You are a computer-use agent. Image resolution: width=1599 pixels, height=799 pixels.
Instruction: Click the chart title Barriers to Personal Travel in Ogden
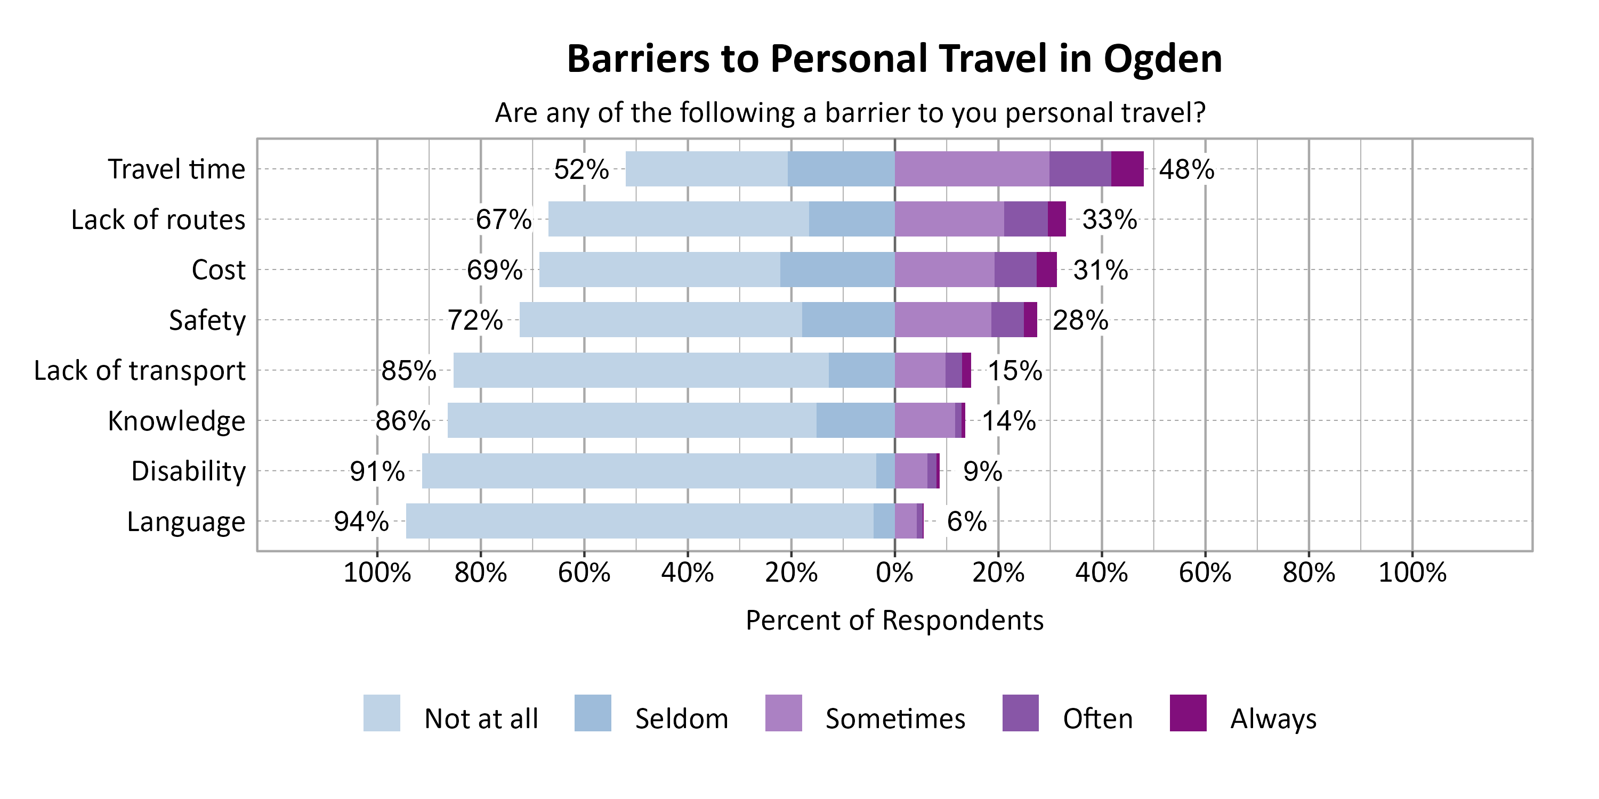coord(894,59)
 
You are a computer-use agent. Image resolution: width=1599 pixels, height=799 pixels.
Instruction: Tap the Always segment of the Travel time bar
coord(1127,169)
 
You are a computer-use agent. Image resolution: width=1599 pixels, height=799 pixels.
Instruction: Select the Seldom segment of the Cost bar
coord(837,270)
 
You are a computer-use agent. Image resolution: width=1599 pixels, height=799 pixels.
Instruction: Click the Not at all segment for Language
coord(640,521)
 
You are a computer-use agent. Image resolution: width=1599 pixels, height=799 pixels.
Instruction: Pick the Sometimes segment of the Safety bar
coord(942,320)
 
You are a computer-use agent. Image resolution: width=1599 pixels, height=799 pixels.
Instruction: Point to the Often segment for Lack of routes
coord(1025,219)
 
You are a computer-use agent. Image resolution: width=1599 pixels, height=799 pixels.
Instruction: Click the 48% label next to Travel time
coord(1186,169)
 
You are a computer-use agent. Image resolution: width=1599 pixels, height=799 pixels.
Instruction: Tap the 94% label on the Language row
coord(361,521)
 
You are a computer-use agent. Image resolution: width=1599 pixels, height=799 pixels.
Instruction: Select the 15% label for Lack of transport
coord(1014,371)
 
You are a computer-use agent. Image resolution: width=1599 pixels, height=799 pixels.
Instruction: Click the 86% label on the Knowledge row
coord(402,421)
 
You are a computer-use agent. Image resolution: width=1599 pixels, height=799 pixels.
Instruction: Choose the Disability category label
coord(188,471)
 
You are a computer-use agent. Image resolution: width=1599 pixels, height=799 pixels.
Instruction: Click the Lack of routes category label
coord(158,219)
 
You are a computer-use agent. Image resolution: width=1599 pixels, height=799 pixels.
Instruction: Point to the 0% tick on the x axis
coord(894,572)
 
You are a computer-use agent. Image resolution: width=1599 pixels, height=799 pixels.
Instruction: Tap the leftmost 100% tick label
coord(377,572)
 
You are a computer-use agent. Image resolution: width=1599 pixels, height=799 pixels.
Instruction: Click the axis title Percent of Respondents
coord(894,621)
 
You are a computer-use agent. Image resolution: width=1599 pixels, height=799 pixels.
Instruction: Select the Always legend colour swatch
coord(1188,713)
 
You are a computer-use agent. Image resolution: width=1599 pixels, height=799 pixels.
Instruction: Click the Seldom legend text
coord(681,719)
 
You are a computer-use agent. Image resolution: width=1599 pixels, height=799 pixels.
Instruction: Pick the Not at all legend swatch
coord(381,713)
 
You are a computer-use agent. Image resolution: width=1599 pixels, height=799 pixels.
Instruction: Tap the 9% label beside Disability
coord(982,471)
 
